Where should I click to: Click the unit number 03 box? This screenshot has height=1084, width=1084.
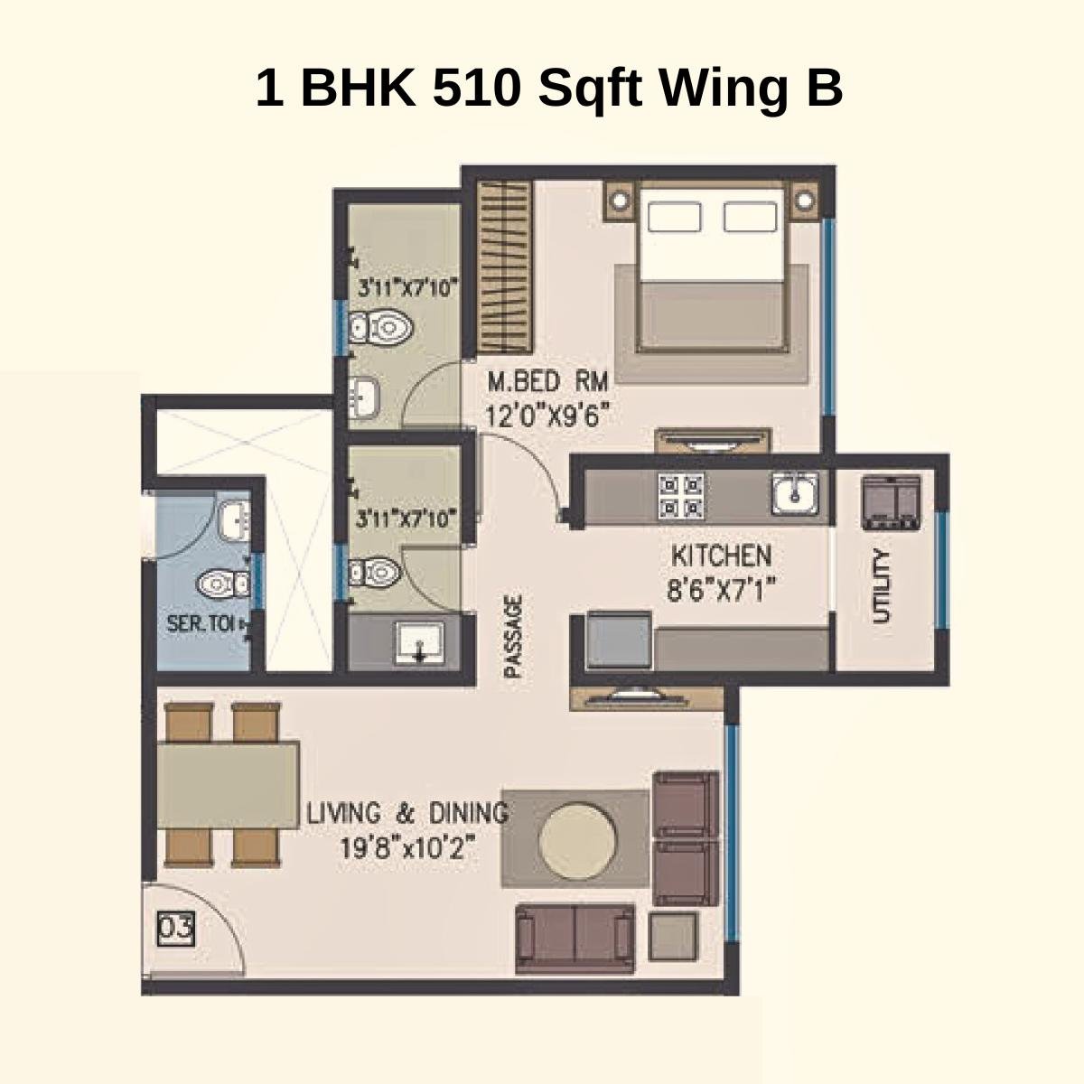[x=176, y=930]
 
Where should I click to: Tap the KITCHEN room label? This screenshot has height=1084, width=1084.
[x=720, y=555]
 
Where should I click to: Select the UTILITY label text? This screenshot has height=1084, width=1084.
[x=882, y=586]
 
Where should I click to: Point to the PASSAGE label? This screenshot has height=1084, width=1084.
[x=513, y=636]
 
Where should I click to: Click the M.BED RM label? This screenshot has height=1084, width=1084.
[x=548, y=379]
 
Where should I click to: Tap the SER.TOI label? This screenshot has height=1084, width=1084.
[x=201, y=623]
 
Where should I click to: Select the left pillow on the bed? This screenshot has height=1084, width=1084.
[x=674, y=217]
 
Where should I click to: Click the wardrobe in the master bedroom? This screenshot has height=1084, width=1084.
[x=505, y=267]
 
